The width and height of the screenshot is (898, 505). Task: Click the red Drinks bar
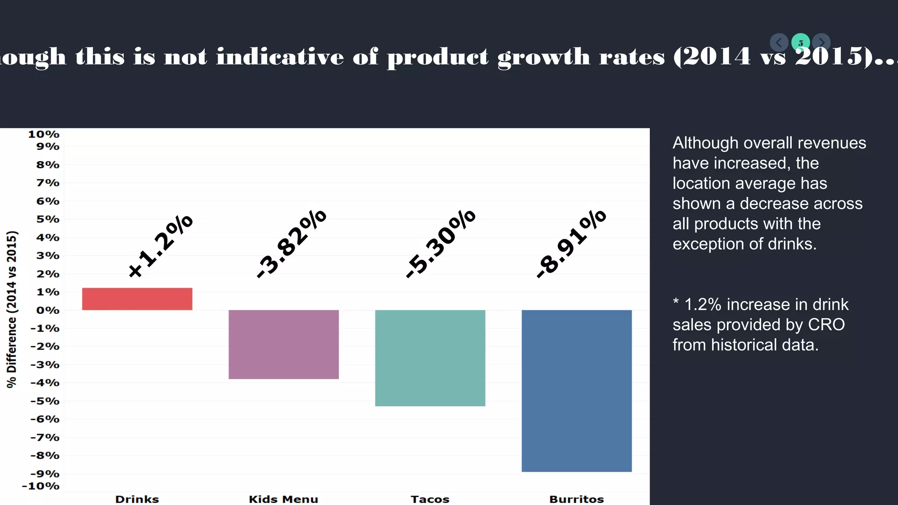click(x=137, y=299)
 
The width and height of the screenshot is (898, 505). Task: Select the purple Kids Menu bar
click(x=283, y=344)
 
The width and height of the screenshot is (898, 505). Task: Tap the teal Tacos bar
click(x=430, y=358)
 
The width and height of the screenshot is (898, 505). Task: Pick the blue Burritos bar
click(x=576, y=390)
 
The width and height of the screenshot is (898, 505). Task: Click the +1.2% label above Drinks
click(x=160, y=246)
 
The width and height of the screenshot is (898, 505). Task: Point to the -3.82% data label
click(x=292, y=244)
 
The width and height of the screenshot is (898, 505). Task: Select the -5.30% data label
click(x=441, y=244)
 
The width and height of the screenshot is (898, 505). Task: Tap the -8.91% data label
click(x=571, y=244)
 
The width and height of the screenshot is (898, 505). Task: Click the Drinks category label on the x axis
click(x=137, y=499)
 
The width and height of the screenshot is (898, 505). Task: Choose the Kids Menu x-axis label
click(x=283, y=499)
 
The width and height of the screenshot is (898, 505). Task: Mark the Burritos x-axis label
click(x=576, y=499)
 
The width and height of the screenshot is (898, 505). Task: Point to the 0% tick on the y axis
click(x=47, y=310)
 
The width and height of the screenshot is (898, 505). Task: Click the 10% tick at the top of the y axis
click(x=43, y=134)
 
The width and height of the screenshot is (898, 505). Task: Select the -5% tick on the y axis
click(x=45, y=401)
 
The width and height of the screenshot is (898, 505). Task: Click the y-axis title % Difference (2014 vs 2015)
click(x=12, y=309)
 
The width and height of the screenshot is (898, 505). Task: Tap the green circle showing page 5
click(x=800, y=43)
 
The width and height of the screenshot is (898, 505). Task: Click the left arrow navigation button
click(x=779, y=43)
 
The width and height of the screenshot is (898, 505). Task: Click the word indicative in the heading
click(x=280, y=57)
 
